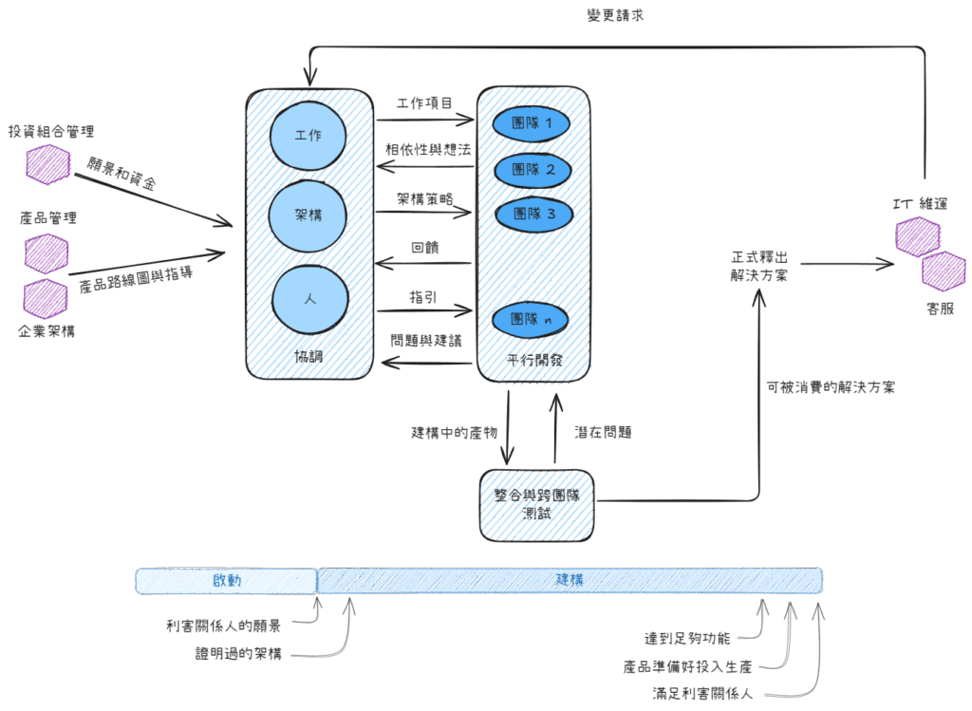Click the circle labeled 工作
tap(308, 135)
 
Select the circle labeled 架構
tap(308, 216)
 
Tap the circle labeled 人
tap(309, 298)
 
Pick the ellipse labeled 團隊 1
tap(532, 123)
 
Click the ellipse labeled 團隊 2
tap(532, 170)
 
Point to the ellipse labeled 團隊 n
tap(532, 319)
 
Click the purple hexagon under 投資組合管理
tap(47, 164)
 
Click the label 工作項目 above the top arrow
tap(423, 103)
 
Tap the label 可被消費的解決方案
tap(830, 387)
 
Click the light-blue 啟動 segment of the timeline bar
tap(226, 580)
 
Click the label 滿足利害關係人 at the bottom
tap(702, 693)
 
